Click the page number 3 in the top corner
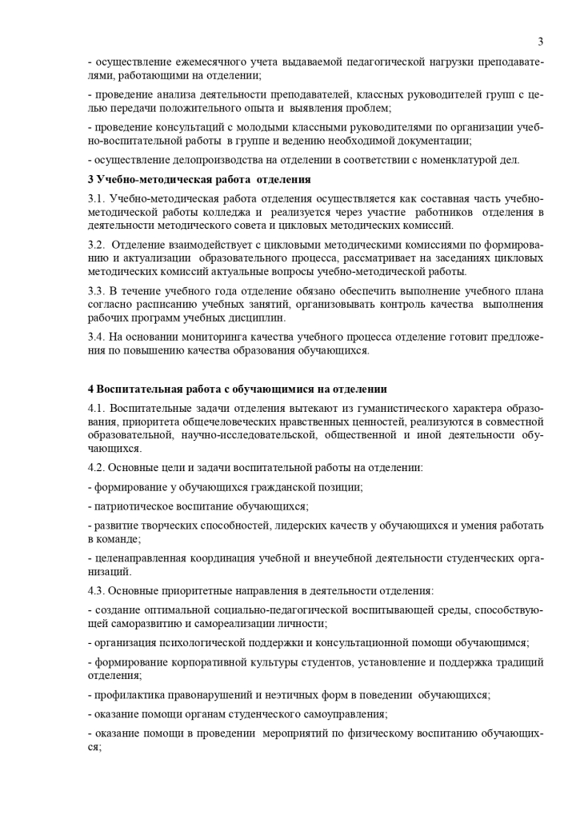point(541,42)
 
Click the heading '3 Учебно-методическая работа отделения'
point(199,179)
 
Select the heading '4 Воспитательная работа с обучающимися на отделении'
point(238,389)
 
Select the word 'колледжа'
point(226,212)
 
